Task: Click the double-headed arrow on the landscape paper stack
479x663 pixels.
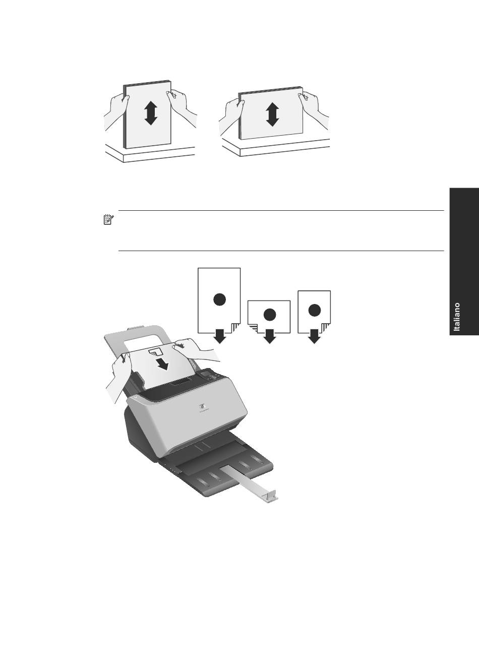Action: [x=272, y=114]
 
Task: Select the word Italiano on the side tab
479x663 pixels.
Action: [x=457, y=317]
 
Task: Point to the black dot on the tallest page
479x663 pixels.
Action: [x=219, y=299]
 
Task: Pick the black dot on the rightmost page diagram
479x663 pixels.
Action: [x=314, y=310]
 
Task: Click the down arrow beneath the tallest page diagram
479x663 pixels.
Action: [x=220, y=336]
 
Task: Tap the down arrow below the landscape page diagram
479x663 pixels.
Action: [x=270, y=336]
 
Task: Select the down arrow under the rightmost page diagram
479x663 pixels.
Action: [x=315, y=336]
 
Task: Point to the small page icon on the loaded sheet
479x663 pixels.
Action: [x=155, y=350]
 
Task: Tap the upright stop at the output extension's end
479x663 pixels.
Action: [x=272, y=496]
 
